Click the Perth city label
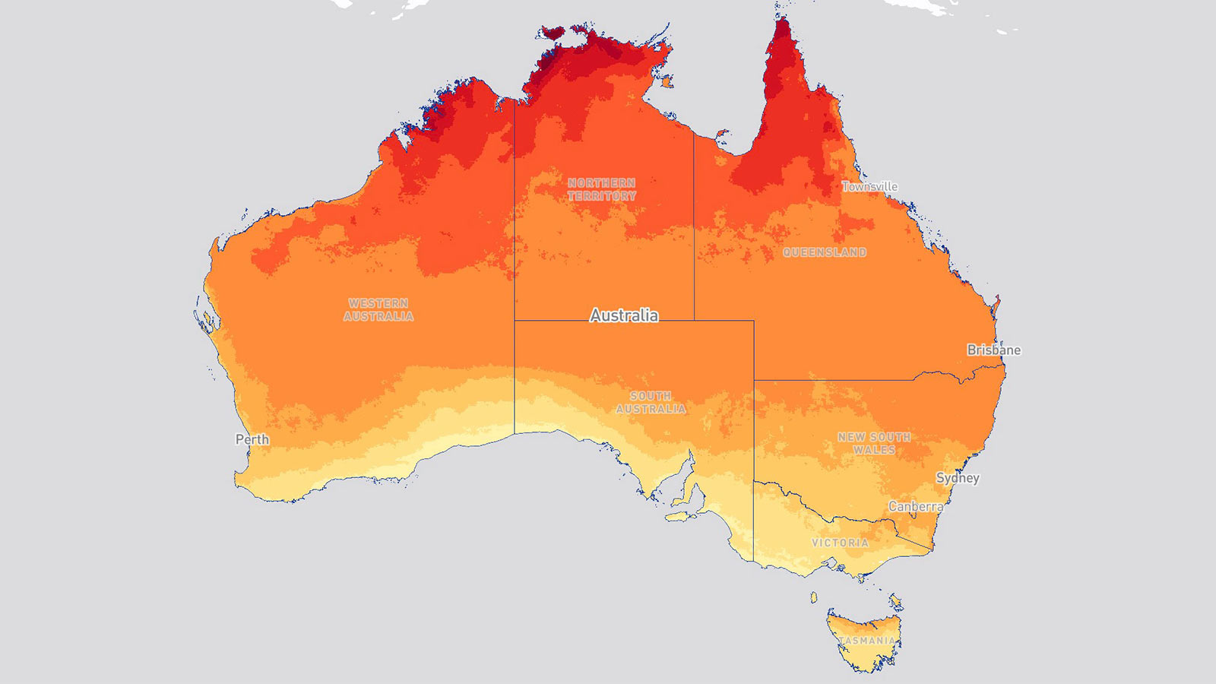click(252, 439)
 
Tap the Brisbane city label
click(993, 350)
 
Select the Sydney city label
click(957, 478)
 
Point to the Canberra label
click(916, 506)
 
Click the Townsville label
click(869, 186)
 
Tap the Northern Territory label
click(601, 189)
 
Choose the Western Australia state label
click(378, 309)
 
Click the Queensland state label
click(825, 252)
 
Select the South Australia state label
click(651, 402)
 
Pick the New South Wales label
click(874, 443)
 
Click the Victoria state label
click(840, 543)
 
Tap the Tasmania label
click(867, 641)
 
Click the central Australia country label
click(624, 315)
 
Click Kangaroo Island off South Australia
click(682, 516)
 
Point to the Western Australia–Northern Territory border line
click(515, 228)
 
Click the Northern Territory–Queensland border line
click(694, 228)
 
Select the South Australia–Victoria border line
click(754, 524)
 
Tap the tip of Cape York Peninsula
click(781, 21)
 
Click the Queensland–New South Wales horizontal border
click(836, 380)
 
